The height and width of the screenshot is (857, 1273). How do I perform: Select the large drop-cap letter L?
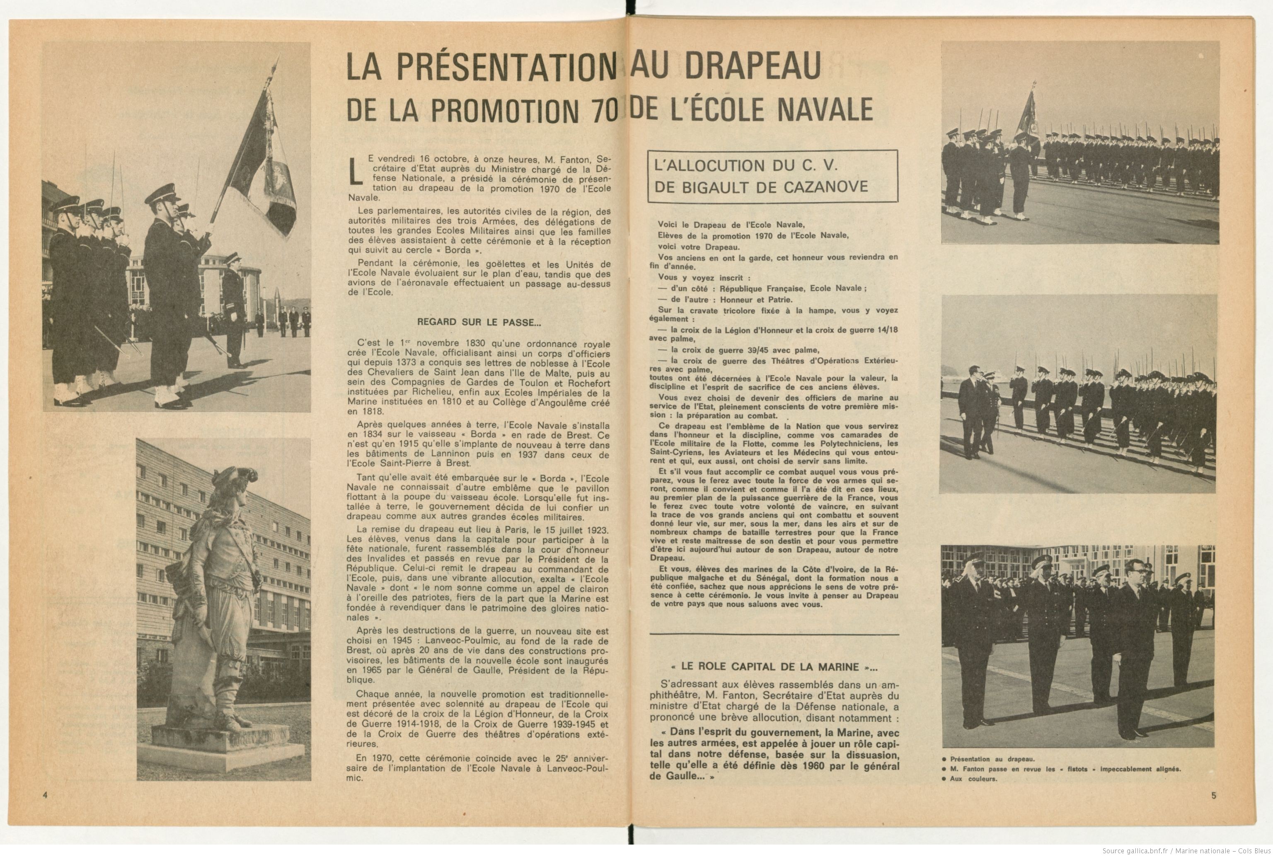click(356, 170)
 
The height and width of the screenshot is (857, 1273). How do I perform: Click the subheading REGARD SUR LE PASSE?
click(479, 322)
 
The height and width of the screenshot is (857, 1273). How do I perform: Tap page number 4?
click(45, 795)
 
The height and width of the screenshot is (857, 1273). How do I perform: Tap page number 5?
click(1214, 795)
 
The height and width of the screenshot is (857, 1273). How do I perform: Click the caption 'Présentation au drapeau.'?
click(992, 759)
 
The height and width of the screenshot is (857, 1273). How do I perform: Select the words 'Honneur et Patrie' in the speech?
click(756, 300)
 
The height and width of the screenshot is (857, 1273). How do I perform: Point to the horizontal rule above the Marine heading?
click(773, 634)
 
